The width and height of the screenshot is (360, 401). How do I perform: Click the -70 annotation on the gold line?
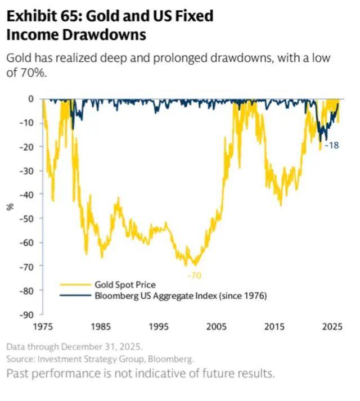[194, 275]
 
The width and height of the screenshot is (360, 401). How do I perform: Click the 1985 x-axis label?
[101, 326]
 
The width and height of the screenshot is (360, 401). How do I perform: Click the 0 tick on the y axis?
[31, 99]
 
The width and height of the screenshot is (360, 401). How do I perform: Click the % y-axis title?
[10, 206]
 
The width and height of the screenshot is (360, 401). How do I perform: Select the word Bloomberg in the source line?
[173, 358]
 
